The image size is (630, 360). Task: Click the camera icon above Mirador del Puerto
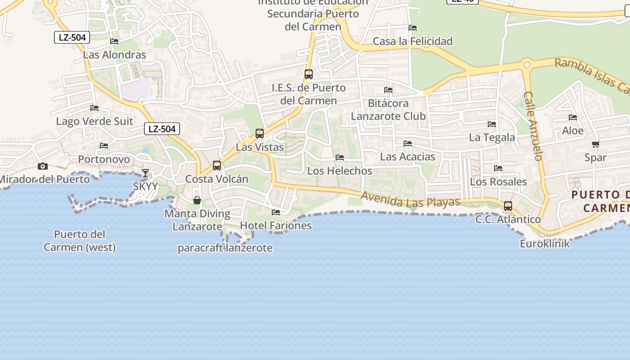pyautogui.click(x=43, y=166)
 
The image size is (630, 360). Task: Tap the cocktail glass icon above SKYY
pyautogui.click(x=145, y=173)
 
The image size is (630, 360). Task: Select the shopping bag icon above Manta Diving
pyautogui.click(x=197, y=200)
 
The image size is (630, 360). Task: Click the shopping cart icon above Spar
pyautogui.click(x=596, y=144)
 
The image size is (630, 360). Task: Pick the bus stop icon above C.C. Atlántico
pyautogui.click(x=508, y=206)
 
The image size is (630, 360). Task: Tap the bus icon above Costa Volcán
pyautogui.click(x=217, y=166)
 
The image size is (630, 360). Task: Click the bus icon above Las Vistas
pyautogui.click(x=260, y=134)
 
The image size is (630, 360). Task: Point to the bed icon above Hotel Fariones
pyautogui.click(x=276, y=212)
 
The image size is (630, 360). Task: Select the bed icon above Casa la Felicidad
pyautogui.click(x=413, y=28)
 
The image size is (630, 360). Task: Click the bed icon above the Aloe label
pyautogui.click(x=573, y=117)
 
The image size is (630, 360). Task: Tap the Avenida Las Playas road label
pyautogui.click(x=410, y=200)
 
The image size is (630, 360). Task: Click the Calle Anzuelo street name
pyautogui.click(x=534, y=126)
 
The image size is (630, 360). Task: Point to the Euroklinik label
pyautogui.click(x=545, y=244)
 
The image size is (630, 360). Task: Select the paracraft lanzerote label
pyautogui.click(x=225, y=248)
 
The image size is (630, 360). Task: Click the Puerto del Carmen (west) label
pyautogui.click(x=80, y=241)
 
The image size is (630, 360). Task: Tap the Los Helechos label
pyautogui.click(x=340, y=171)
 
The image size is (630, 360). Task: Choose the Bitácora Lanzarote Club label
pyautogui.click(x=388, y=110)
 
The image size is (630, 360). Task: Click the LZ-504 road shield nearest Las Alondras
pyautogui.click(x=72, y=37)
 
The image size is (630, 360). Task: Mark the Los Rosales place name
pyautogui.click(x=498, y=182)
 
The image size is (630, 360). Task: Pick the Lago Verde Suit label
pyautogui.click(x=94, y=121)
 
